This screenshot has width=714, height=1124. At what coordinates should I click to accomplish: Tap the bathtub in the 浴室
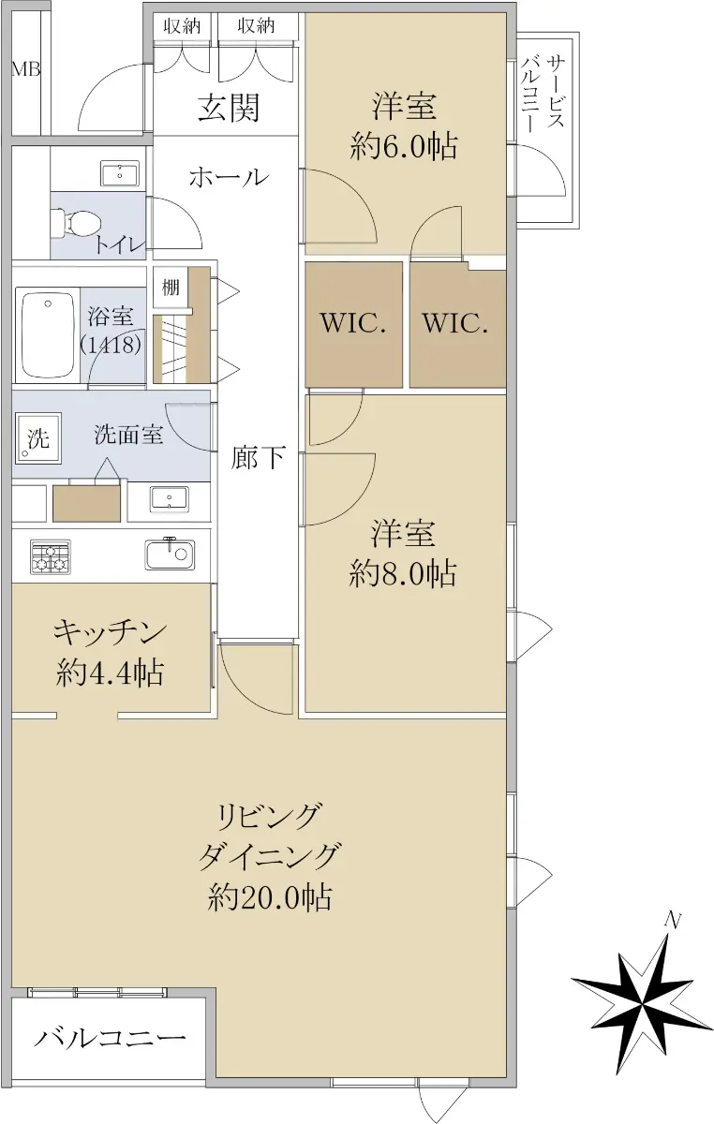coord(48,335)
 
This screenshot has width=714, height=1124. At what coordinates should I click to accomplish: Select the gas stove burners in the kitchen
coord(51,557)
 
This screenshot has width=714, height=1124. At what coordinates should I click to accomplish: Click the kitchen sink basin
coord(170,555)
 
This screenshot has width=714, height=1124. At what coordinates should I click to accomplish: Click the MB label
coord(26,69)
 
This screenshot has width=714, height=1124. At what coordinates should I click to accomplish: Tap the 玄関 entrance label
coord(229,108)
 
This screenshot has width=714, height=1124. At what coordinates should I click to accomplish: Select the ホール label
coord(229,177)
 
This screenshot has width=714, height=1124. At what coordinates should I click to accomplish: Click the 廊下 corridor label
coord(258,456)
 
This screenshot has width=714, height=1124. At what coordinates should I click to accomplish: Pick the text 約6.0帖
coord(404,147)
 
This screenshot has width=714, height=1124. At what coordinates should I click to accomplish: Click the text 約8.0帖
coord(403,573)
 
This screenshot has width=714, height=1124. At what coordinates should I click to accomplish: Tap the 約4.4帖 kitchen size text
coord(110,673)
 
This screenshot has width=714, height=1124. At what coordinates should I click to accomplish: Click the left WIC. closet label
coord(353,323)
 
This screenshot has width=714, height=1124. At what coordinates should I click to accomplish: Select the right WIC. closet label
coord(455,323)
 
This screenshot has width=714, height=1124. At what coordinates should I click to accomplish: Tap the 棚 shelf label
coord(171,288)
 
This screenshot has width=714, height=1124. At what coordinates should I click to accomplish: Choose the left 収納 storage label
coord(182,26)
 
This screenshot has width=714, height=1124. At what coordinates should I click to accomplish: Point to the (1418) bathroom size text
coord(111,346)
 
